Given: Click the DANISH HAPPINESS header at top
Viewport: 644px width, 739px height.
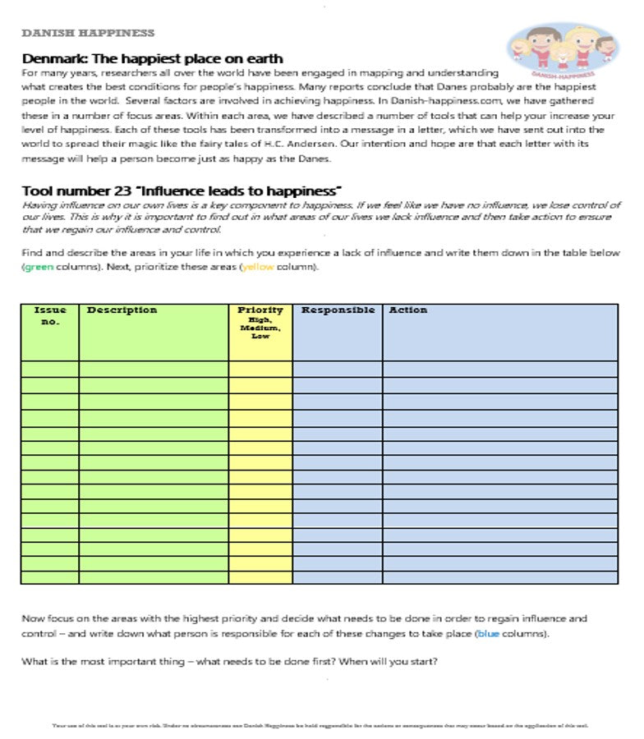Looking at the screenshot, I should click(x=88, y=34).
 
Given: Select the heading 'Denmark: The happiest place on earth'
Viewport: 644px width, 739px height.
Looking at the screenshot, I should click(x=153, y=59).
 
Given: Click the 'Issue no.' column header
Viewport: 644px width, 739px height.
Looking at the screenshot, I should click(x=50, y=315).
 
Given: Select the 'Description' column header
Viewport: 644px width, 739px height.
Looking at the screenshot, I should click(x=122, y=310).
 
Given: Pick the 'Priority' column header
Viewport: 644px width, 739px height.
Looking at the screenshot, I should click(x=260, y=310).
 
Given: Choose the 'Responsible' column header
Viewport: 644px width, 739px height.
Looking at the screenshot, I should click(x=338, y=310).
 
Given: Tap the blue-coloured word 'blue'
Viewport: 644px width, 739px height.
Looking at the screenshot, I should click(x=488, y=634).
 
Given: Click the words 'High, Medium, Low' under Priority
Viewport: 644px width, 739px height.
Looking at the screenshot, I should click(x=260, y=328).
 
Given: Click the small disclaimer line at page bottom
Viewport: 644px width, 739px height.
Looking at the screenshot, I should click(x=320, y=726).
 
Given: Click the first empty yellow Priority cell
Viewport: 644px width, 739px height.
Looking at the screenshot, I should click(x=260, y=369).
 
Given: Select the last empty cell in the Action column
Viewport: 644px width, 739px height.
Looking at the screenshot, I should click(x=499, y=577).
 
